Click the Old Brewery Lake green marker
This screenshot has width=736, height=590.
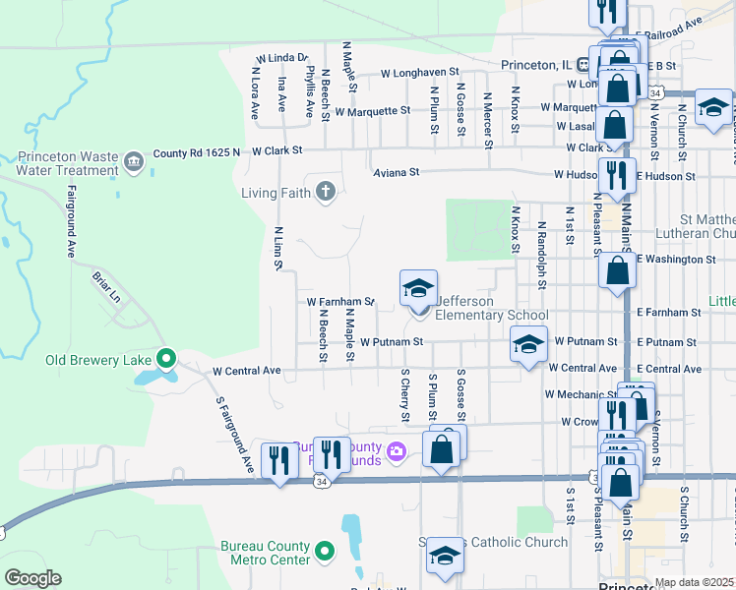(x=166, y=359)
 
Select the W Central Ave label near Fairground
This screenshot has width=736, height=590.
(x=247, y=371)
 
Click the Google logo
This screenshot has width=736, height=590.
(x=32, y=577)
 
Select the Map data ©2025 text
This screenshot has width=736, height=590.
(x=694, y=582)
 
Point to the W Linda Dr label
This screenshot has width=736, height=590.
(x=282, y=59)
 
